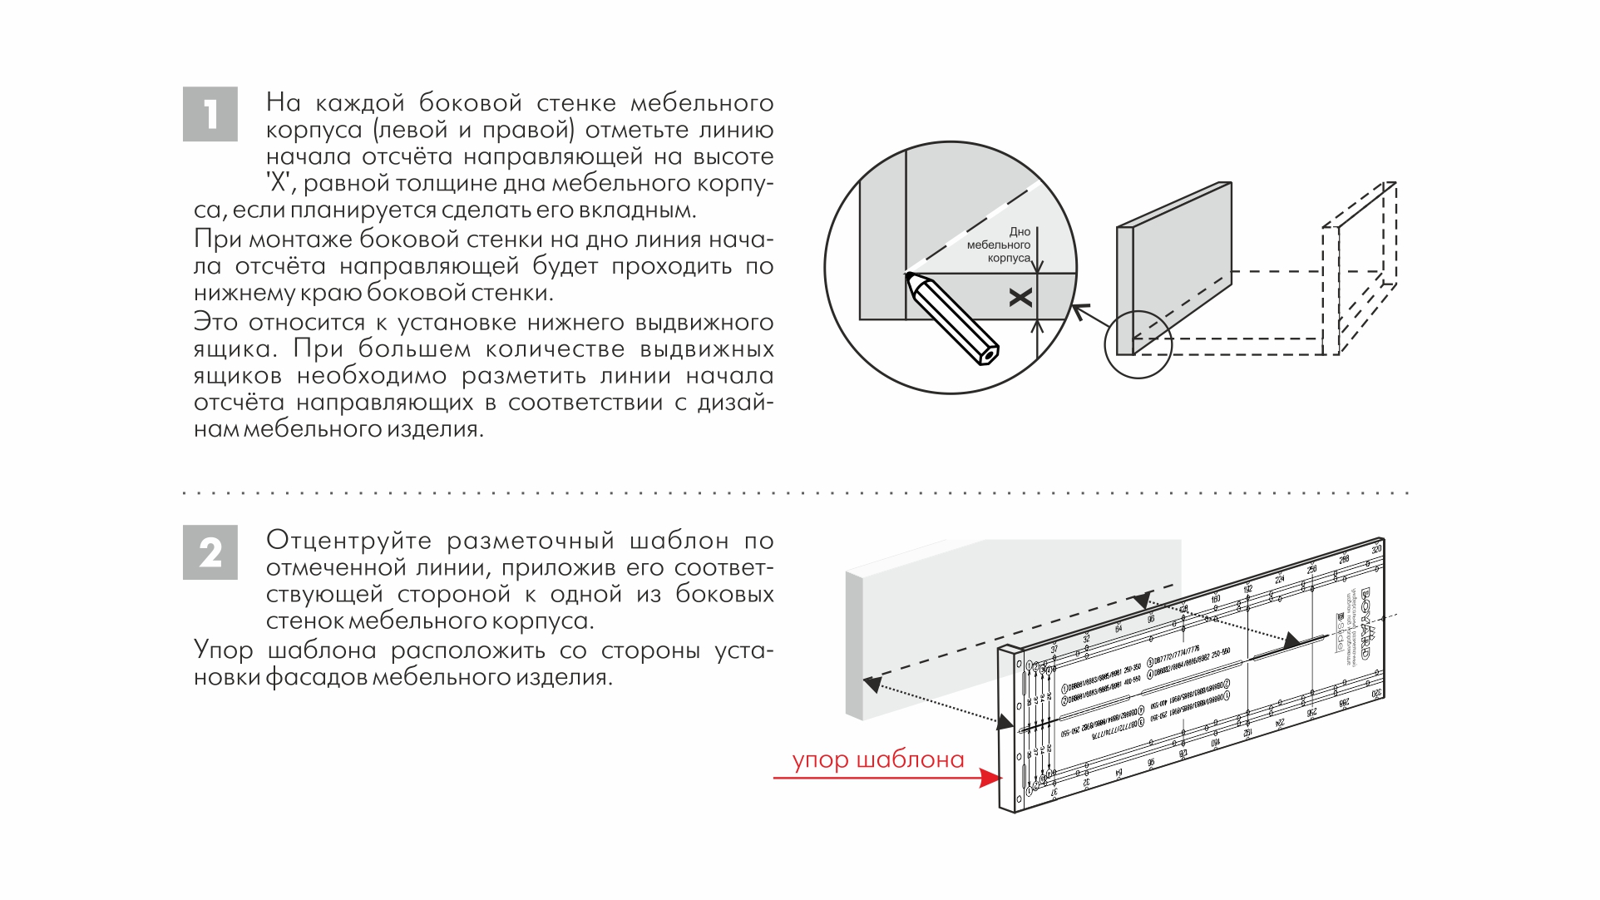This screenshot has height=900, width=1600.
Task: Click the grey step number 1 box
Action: click(210, 114)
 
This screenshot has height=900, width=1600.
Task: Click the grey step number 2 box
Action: click(210, 552)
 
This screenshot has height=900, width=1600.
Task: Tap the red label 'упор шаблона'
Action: click(877, 759)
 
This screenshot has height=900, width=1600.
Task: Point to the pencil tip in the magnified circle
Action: click(909, 275)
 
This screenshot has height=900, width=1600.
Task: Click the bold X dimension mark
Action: click(1020, 298)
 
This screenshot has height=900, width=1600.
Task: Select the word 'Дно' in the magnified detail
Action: click(1019, 232)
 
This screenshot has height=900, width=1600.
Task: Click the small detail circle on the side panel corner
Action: click(1137, 344)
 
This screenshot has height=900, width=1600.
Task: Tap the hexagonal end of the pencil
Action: click(987, 354)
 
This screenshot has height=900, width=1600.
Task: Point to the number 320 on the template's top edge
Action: click(1376, 550)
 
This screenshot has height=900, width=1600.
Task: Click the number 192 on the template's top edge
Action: click(1247, 589)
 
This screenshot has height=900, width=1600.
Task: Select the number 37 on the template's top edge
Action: click(1054, 650)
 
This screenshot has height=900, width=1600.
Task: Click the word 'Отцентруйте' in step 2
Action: click(348, 541)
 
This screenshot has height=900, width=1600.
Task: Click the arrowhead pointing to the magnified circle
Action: click(1079, 312)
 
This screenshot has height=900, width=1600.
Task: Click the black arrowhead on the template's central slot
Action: click(1291, 640)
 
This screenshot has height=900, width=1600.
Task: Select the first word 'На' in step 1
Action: click(283, 103)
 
